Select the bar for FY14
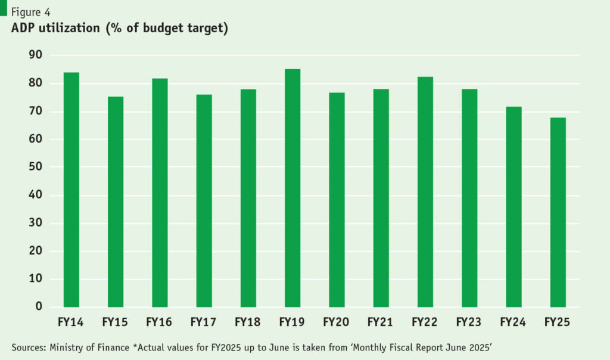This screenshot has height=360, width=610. coord(71,190)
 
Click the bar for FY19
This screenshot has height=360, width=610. coord(292,188)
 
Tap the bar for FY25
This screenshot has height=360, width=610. coord(558,212)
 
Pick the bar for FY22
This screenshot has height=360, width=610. coord(425,192)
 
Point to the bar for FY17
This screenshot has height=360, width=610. coord(204,201)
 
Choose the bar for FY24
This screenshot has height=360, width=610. coord(513,207)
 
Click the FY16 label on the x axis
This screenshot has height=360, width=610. coord(159,322)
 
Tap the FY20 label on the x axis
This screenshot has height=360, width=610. coord(337,322)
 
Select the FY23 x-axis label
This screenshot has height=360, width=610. coord(469,322)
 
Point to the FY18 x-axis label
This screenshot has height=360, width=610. coord(248,322)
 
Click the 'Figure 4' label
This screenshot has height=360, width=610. coord(30,11)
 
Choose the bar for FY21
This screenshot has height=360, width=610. coord(381,198)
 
